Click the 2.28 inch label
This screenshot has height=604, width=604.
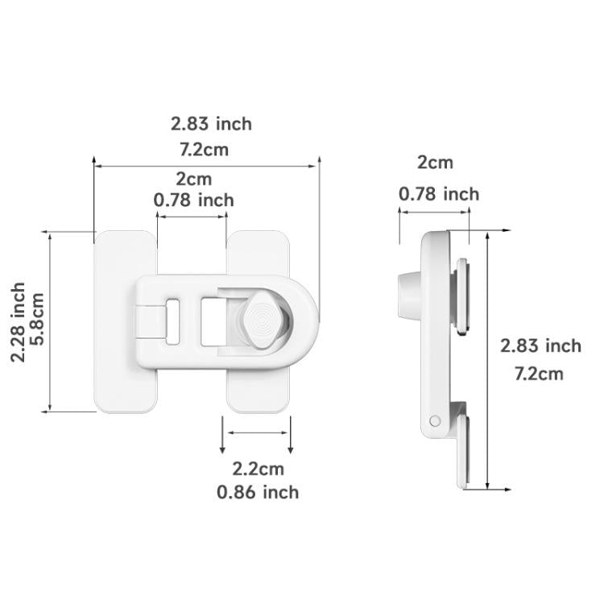click(19, 322)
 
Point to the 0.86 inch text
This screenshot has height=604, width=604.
click(258, 492)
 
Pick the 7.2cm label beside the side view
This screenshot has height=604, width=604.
click(539, 374)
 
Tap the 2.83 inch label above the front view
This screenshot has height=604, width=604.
click(211, 124)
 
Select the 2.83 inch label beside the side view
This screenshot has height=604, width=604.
click(540, 346)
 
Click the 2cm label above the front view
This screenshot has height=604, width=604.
click(194, 178)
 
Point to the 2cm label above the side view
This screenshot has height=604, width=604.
click(435, 163)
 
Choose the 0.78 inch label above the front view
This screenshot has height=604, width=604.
click(194, 200)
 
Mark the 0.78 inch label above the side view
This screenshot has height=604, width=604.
click(439, 194)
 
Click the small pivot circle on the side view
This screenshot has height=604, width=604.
click(436, 420)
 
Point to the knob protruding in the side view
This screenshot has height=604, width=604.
click(407, 296)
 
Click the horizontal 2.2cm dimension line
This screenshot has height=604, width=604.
click(258, 432)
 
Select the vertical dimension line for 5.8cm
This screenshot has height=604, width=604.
click(50, 322)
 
